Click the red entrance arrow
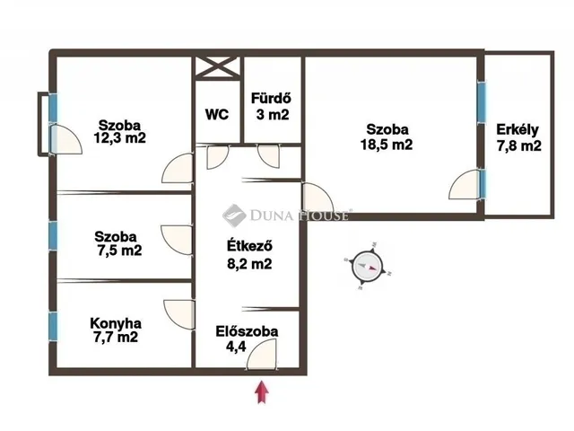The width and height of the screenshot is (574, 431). click(262, 392)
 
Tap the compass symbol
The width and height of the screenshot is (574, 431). click(368, 266)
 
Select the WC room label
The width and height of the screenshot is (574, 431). click(217, 114)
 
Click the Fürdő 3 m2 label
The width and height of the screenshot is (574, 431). click(272, 106)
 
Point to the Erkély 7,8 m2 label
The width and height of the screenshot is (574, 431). click(518, 137)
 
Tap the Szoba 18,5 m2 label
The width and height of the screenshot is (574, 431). click(387, 137)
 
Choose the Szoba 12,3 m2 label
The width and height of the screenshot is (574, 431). click(119, 132)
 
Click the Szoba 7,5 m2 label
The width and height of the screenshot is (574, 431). click(118, 243)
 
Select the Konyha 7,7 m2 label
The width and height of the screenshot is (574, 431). click(116, 330)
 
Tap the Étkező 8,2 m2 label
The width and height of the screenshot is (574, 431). click(249, 255)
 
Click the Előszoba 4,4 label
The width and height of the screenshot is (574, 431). click(247, 339)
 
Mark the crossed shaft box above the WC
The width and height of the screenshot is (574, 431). click(218, 67)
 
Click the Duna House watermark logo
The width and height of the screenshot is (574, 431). click(234, 215)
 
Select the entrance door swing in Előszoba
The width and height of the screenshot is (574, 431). click(261, 354)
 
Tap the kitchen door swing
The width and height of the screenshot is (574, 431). click(179, 314)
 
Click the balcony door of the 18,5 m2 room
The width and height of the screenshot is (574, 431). click(465, 185)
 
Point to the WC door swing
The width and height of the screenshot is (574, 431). click(217, 157)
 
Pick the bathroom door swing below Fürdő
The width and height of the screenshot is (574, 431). click(269, 157)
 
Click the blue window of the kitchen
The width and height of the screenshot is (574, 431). click(53, 326)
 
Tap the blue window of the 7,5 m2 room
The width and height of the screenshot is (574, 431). click(53, 236)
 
